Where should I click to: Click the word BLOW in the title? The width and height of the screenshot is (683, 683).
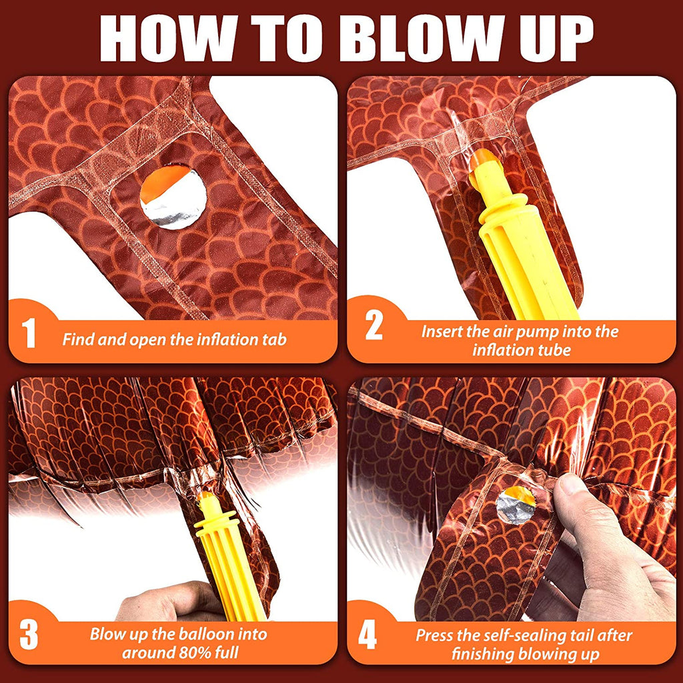click(x=429, y=39)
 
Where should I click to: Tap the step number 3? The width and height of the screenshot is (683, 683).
click(x=29, y=636)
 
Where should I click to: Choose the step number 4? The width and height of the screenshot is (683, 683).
click(x=368, y=636)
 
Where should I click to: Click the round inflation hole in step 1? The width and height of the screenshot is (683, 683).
click(x=173, y=197)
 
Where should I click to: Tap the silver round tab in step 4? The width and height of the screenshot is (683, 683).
click(x=516, y=506)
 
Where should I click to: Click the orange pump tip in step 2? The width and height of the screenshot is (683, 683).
click(x=483, y=159)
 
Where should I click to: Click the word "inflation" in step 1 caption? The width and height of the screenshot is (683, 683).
click(x=228, y=339)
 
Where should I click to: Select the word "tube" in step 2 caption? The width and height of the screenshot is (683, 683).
click(x=554, y=350)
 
